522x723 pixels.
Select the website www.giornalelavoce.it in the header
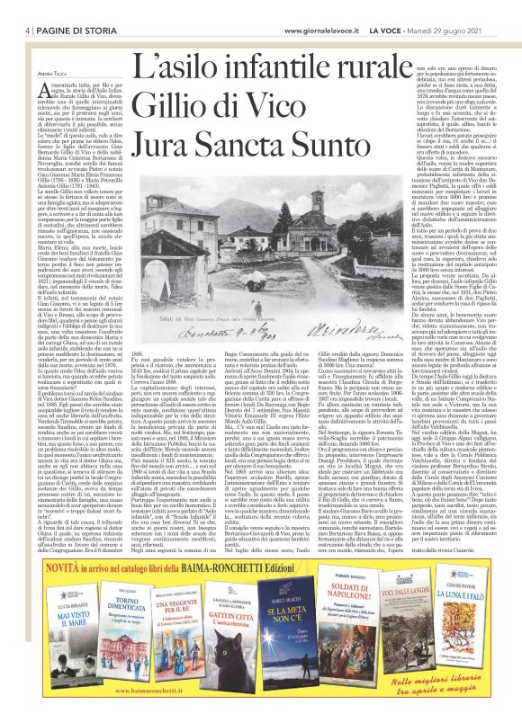coord(340,8)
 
